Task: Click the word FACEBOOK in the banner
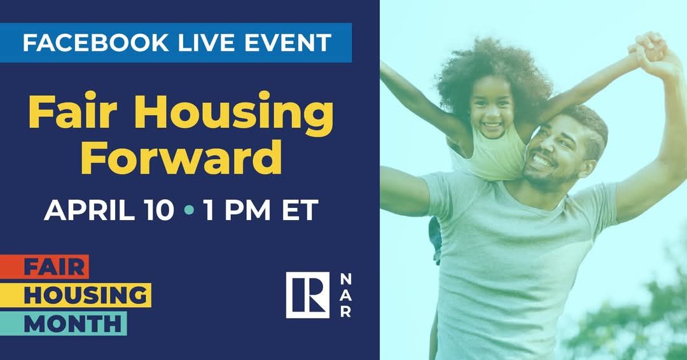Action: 95,43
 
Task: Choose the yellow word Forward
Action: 181,157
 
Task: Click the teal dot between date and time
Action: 189,211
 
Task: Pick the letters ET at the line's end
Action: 300,210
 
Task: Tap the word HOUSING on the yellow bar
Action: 85,295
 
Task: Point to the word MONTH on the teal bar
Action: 73,324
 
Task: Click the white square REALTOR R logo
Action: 308,294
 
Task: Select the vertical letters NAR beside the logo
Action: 345,294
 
